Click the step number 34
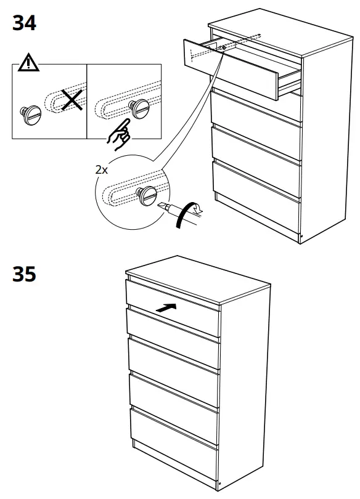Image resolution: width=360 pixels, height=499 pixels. point(25,23)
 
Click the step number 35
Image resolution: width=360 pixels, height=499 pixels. point(25,274)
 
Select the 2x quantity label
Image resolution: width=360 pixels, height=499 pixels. point(102,170)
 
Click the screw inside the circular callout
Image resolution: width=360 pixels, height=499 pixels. point(147,196)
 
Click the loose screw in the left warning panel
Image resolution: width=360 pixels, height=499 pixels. point(30,115)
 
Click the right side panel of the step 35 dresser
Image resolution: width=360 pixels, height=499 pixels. point(247,382)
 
